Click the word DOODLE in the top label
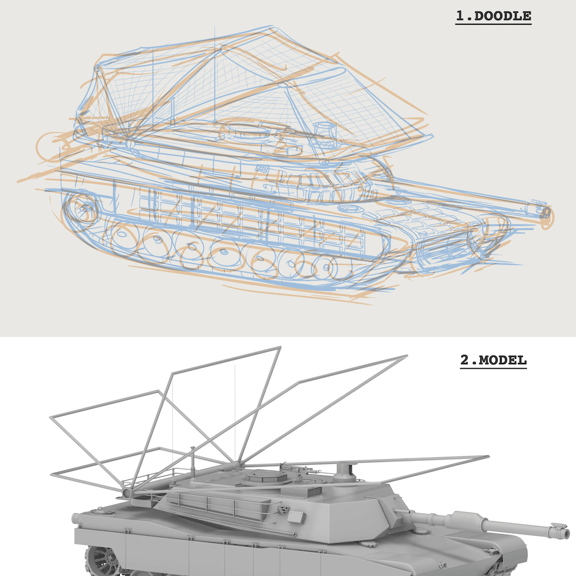point(503,16)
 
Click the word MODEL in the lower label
point(503,360)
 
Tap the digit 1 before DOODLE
point(460,16)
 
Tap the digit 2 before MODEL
point(465,360)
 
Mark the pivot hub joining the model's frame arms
point(127,493)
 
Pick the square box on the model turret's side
point(296,517)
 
